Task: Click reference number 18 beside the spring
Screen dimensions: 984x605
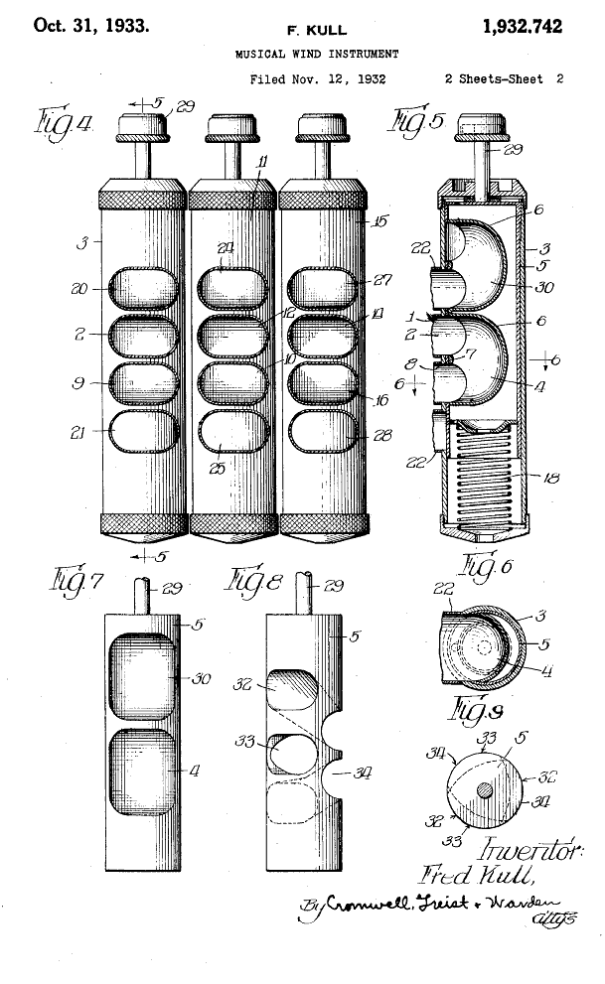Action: coord(550,479)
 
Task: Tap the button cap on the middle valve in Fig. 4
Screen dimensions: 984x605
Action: coord(232,126)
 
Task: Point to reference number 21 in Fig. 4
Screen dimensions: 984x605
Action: coord(79,430)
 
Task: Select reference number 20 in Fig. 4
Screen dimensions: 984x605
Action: coord(79,289)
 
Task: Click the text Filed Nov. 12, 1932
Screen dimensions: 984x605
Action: coord(317,78)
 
